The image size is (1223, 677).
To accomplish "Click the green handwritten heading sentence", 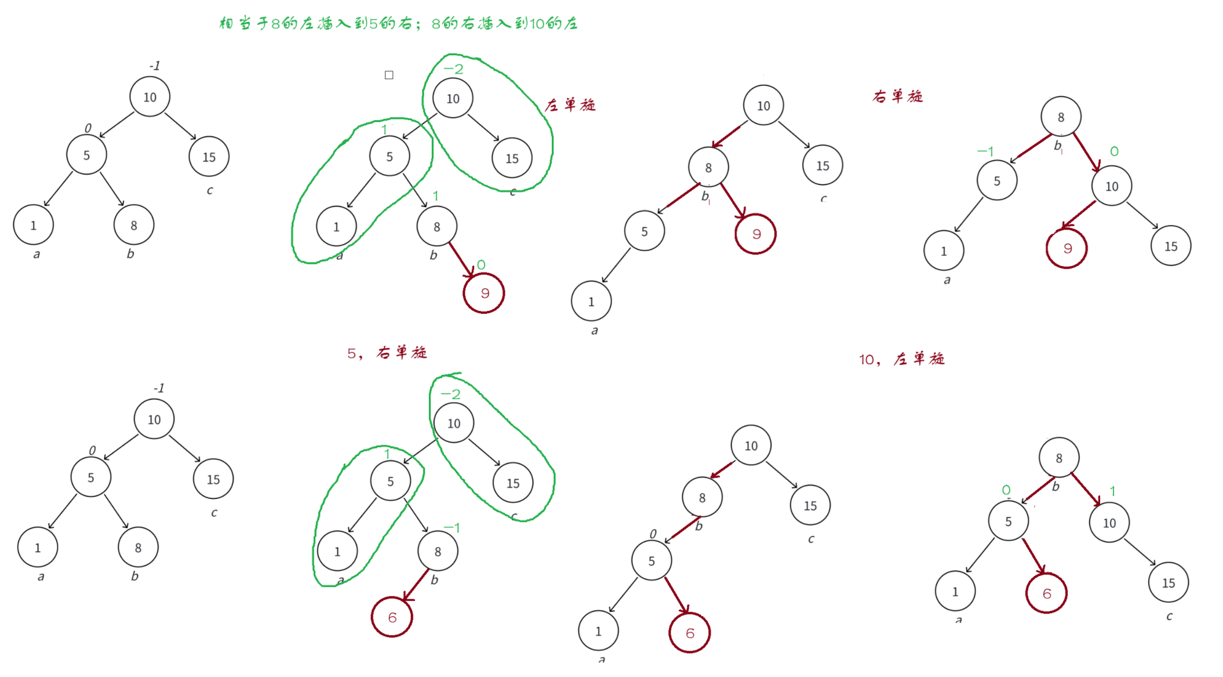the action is (x=398, y=24).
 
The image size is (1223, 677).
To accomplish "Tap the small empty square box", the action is (x=389, y=75).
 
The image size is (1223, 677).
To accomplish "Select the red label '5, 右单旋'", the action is (x=387, y=353).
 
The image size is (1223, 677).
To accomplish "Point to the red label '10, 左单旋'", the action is (x=901, y=359).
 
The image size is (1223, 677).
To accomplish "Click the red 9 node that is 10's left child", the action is (x=1067, y=248).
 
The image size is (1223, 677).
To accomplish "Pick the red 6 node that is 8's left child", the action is (x=392, y=617).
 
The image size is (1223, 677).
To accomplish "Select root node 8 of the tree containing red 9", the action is (x=1061, y=117).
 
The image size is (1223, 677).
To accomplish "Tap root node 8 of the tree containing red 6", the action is (x=1059, y=458).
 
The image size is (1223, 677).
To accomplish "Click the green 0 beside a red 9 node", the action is (x=481, y=265).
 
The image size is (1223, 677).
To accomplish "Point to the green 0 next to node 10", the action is (x=1114, y=152).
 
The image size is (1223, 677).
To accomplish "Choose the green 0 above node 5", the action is (x=1006, y=490).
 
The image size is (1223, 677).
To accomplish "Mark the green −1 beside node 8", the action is (x=452, y=528).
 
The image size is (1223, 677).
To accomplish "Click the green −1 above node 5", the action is (x=985, y=151).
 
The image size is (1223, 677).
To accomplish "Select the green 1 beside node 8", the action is (x=435, y=196).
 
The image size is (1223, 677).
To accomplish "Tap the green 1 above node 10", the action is (x=1112, y=491).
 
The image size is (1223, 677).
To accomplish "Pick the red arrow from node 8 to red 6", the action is (x=417, y=585).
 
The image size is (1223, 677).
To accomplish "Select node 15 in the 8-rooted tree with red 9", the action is (x=1171, y=246).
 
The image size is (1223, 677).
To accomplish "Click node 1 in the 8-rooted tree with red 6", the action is (x=955, y=591).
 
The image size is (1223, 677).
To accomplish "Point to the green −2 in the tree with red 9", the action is (x=453, y=70).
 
